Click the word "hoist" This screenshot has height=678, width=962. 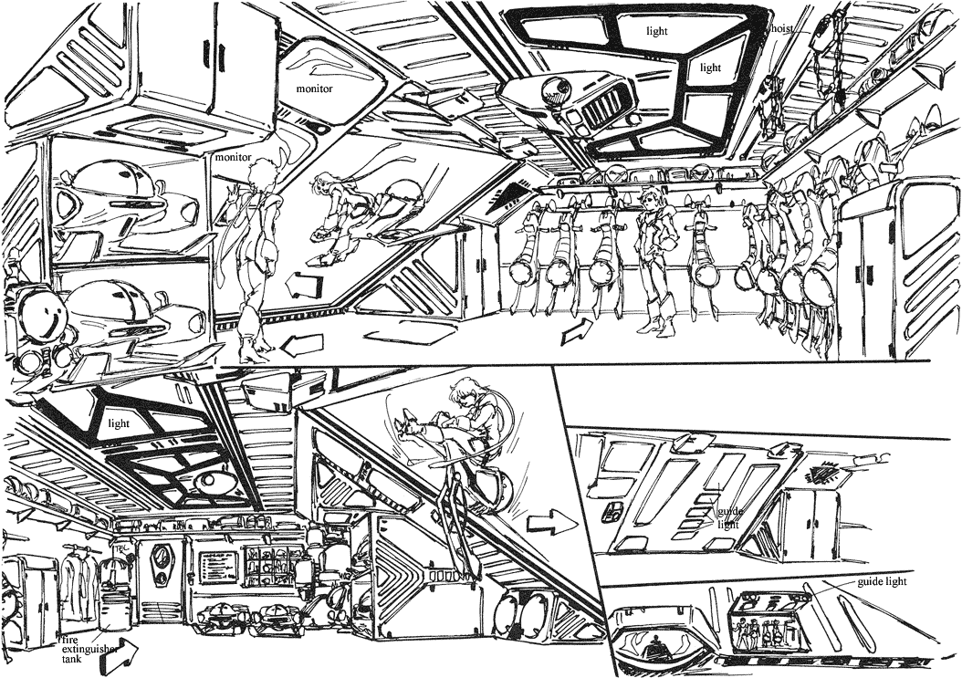[x=783, y=28]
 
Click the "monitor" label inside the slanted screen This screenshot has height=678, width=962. [x=314, y=89]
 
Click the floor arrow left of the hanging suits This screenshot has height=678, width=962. [x=577, y=333]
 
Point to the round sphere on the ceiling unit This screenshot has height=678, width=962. [x=552, y=92]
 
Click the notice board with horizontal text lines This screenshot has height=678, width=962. [x=215, y=568]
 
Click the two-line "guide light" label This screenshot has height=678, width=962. [x=727, y=517]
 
